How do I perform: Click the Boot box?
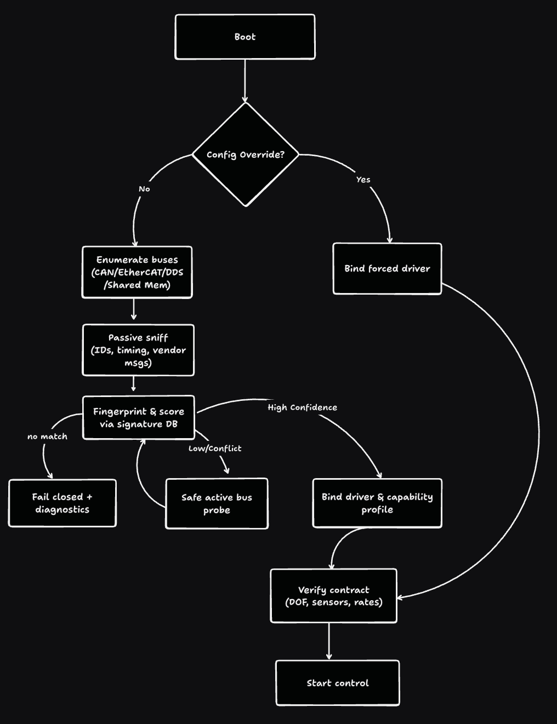click(x=245, y=37)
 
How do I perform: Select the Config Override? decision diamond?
click(x=245, y=154)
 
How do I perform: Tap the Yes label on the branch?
click(x=363, y=180)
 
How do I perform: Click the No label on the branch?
click(x=144, y=189)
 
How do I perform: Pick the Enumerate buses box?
click(x=137, y=272)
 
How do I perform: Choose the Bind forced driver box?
click(x=387, y=268)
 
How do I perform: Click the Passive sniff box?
click(x=138, y=350)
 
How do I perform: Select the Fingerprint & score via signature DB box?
click(x=139, y=417)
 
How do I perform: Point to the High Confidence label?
click(x=302, y=407)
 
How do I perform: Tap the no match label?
click(x=47, y=436)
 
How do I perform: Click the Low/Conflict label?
click(x=215, y=449)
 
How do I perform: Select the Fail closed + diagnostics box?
click(x=62, y=503)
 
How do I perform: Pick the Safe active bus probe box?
click(x=217, y=503)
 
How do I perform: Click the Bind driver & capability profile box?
click(x=377, y=503)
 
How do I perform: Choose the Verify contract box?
click(x=333, y=596)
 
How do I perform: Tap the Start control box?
click(x=337, y=683)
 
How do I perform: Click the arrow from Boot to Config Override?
click(x=245, y=80)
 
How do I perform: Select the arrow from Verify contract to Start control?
click(x=329, y=641)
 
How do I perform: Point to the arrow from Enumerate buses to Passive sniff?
click(x=134, y=310)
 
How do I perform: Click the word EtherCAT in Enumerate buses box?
click(x=144, y=272)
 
